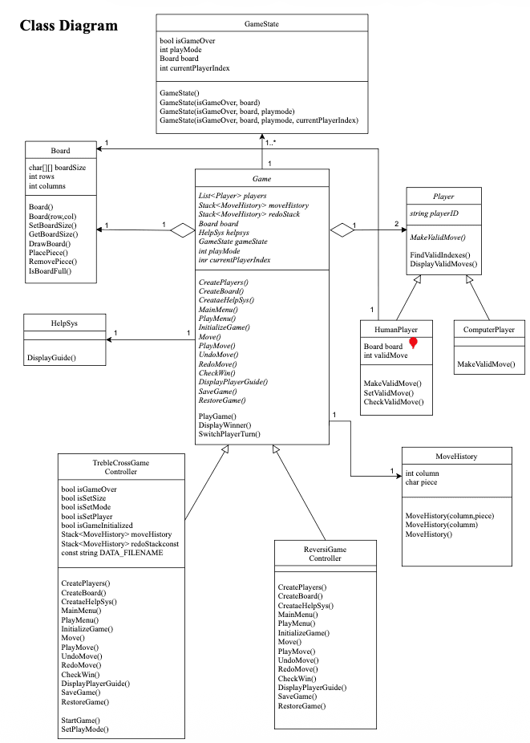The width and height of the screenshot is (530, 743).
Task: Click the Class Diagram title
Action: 68,26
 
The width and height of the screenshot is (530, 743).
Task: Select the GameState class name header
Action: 261,24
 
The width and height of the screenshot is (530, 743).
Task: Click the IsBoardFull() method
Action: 49,271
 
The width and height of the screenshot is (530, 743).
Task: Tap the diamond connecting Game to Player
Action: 343,230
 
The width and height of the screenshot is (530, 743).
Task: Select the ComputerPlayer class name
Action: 488,329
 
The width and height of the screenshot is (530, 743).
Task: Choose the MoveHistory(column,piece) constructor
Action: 449,515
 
